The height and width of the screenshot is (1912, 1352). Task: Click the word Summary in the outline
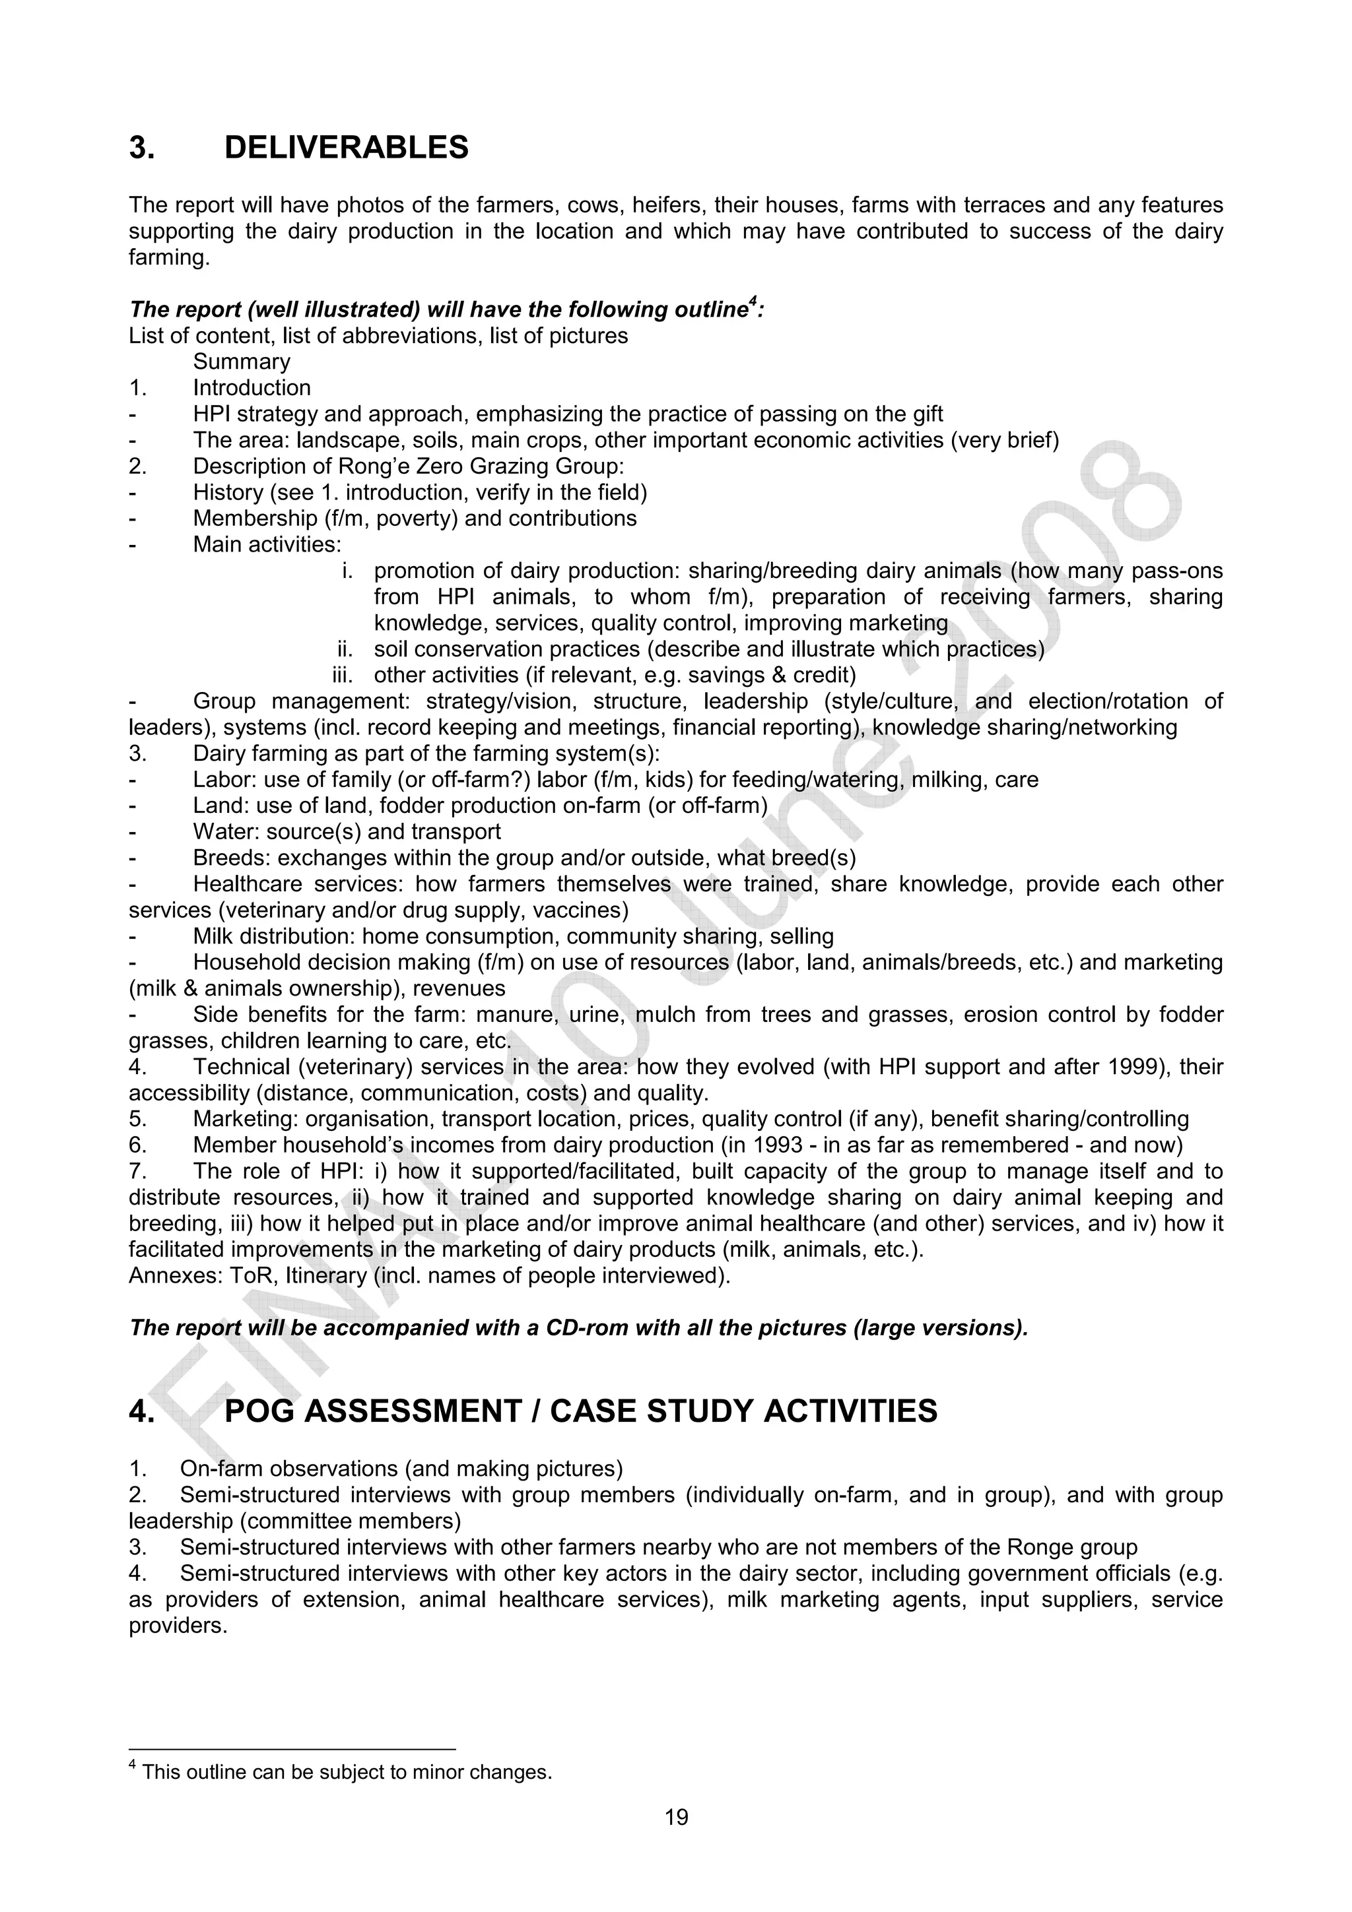[242, 362]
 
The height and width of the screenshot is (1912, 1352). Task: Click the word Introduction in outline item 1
[252, 388]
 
